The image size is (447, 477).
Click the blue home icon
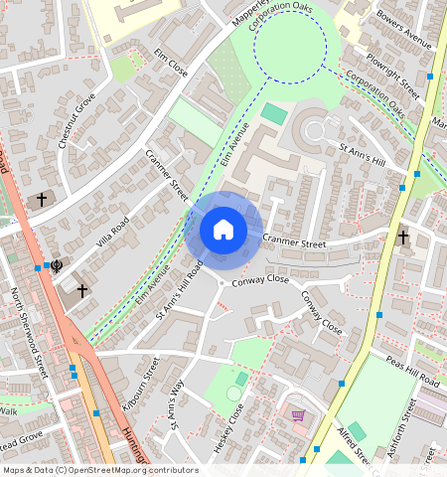coord(223,230)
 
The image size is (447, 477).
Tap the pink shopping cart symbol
coord(297,413)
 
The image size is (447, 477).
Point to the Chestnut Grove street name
coord(75,120)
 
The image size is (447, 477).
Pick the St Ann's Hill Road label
coord(180,291)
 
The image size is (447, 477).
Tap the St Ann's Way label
coord(177,401)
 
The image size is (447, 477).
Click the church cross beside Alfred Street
coord(403,238)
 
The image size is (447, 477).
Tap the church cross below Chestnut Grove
coord(42,200)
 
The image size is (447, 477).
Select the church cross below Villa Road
coord(82,291)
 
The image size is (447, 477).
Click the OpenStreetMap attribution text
coord(100,470)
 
